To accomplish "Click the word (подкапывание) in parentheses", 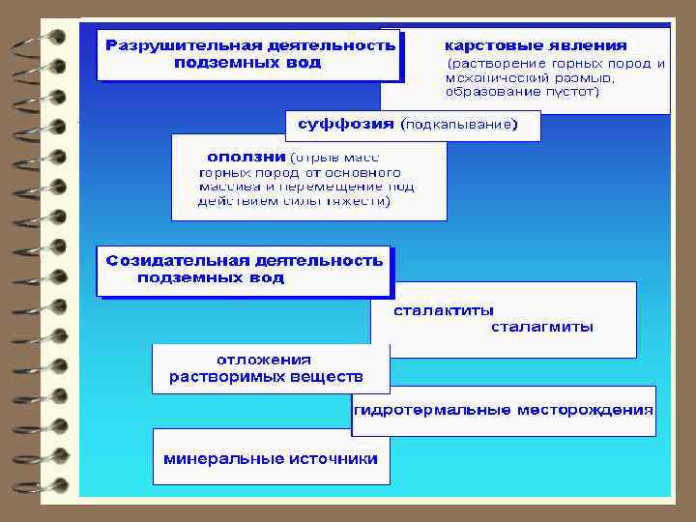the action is pyautogui.click(x=459, y=125).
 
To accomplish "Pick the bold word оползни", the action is pyautogui.click(x=246, y=156).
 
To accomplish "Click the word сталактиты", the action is pyautogui.click(x=443, y=310).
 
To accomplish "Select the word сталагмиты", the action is pyautogui.click(x=542, y=327).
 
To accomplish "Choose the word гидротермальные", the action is pyautogui.click(x=432, y=410).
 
